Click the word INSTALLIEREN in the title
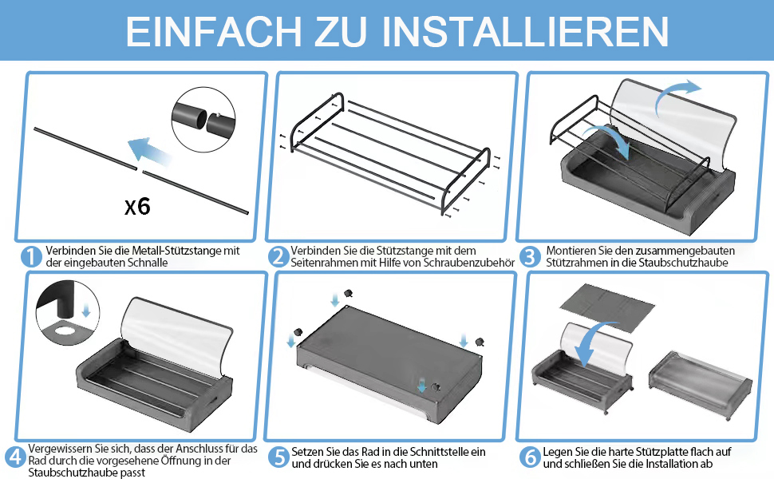(525, 32)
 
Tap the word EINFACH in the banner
(213, 32)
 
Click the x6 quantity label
(137, 206)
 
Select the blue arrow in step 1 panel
(149, 151)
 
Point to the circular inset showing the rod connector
(203, 120)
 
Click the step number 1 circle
(31, 256)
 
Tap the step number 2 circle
(278, 256)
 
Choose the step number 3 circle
(530, 256)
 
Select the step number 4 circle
(15, 457)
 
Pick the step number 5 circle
(279, 457)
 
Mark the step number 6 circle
(530, 457)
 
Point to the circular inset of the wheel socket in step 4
(68, 313)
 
